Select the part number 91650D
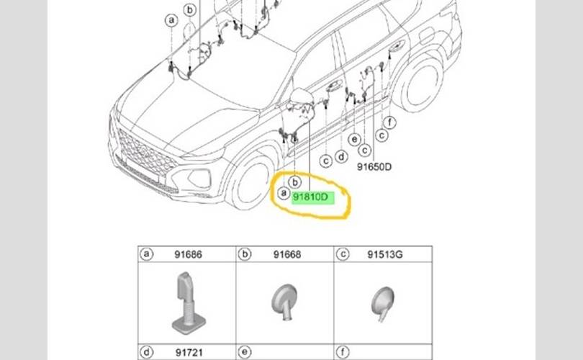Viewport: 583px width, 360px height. coord(374,165)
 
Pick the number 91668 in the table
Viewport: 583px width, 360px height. coord(286,255)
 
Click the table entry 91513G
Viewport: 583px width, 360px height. coord(384,255)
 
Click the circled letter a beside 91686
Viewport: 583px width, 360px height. coord(148,255)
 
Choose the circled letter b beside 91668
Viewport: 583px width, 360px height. coord(245,255)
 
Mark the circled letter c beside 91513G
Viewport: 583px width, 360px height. coord(343,255)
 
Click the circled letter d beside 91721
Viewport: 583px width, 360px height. coord(148,353)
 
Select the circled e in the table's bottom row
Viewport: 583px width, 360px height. coord(245,353)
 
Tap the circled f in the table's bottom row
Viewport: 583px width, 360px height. coord(343,353)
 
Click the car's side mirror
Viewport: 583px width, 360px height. coord(299,98)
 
